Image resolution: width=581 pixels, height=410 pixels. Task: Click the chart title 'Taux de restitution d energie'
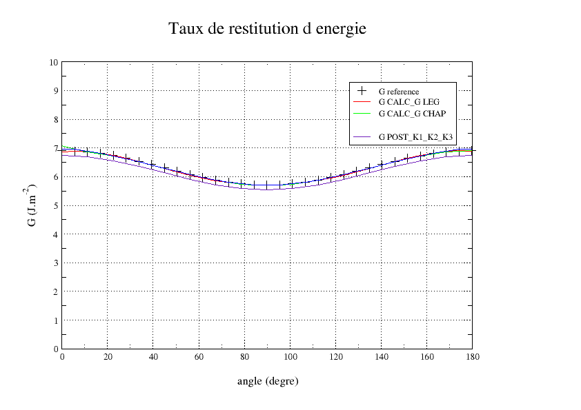[267, 30]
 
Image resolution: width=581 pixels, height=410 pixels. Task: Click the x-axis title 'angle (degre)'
[267, 380]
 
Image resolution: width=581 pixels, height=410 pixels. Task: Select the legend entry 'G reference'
[399, 92]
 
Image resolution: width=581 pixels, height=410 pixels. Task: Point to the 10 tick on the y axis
[54, 62]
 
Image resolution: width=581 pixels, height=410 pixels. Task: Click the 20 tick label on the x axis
[108, 357]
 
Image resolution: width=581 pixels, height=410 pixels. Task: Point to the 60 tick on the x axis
[199, 357]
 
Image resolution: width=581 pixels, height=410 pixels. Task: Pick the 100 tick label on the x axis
[290, 357]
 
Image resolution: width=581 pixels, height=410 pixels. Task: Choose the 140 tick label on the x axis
[381, 357]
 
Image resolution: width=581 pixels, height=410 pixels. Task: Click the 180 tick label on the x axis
[472, 357]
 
